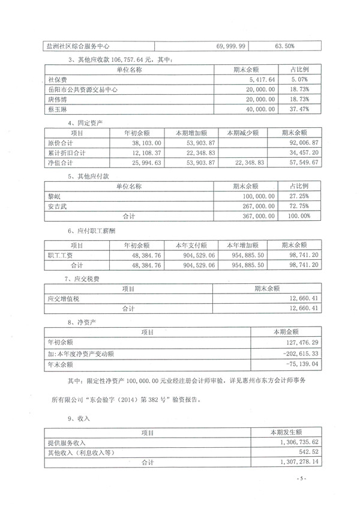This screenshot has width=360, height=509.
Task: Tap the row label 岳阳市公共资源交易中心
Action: coord(82,89)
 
